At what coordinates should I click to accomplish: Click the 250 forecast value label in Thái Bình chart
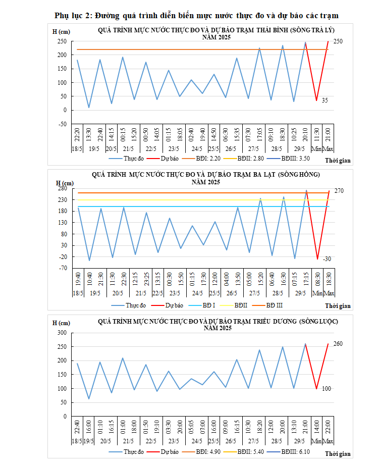point(339,41)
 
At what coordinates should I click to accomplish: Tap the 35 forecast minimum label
point(325,100)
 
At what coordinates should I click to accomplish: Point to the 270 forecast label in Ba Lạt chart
point(339,191)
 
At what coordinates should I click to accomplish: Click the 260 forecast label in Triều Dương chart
point(339,344)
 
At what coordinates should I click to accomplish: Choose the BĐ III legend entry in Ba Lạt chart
point(274,305)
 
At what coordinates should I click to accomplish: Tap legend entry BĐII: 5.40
point(253,452)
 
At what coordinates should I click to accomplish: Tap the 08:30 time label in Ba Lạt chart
point(317,281)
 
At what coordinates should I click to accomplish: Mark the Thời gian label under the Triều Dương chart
point(338,454)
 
